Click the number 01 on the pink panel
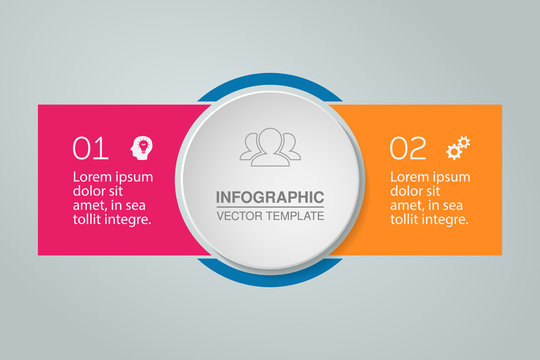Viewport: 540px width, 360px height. (90, 148)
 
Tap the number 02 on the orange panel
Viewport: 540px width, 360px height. (407, 148)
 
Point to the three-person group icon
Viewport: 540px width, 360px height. (270, 148)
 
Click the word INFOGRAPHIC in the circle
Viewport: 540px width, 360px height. (270, 197)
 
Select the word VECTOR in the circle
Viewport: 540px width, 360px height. (238, 216)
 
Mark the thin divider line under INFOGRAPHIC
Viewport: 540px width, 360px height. (270, 207)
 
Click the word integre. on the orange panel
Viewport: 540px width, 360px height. (444, 220)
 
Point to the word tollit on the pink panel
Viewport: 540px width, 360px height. (90, 220)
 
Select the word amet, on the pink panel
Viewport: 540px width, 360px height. (91, 206)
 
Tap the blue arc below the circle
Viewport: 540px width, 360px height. (270, 271)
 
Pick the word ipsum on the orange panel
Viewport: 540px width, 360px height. (450, 177)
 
